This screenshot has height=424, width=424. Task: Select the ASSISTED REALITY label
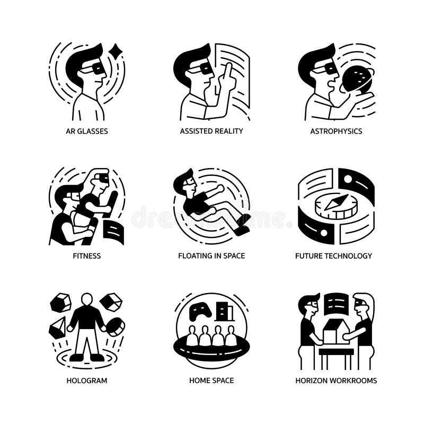point(211,131)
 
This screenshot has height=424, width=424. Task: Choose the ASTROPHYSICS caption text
point(336,131)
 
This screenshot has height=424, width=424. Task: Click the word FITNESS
point(87,255)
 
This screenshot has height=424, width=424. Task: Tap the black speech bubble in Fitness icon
point(113,232)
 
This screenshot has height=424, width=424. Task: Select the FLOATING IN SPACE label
point(211,255)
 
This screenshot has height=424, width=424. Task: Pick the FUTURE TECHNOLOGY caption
point(333,255)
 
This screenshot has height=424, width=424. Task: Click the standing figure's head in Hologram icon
point(86,300)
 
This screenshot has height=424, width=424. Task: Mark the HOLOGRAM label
point(87,380)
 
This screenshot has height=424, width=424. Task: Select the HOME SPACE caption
point(211,380)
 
